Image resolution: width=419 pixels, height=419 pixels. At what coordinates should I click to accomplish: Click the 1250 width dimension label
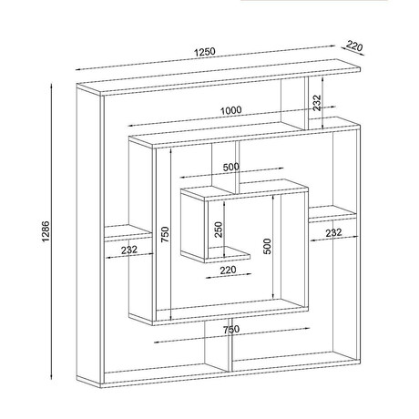coord(205,52)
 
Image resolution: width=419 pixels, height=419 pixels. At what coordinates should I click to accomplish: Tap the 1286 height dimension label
coord(46,231)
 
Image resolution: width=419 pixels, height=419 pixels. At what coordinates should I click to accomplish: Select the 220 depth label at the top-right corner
coord(354,46)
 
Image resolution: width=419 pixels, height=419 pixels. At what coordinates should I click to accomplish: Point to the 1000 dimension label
coord(231,110)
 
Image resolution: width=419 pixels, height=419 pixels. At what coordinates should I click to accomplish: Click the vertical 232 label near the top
coord(317,103)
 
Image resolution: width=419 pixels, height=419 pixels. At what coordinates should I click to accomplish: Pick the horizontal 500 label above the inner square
coord(231,167)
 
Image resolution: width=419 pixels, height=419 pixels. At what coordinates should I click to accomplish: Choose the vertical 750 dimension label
coord(165,234)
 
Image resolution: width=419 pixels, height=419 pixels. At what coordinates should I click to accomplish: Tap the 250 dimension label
coord(219,230)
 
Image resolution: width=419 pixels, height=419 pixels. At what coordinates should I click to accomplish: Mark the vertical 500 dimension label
coord(267,246)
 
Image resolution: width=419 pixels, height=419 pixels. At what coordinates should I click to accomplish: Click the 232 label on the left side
coord(129,250)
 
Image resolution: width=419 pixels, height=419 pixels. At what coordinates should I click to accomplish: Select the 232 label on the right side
coord(333,233)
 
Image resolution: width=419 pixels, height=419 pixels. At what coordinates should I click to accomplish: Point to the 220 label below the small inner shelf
coord(228,270)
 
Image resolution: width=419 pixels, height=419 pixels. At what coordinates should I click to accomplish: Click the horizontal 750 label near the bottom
coord(231,330)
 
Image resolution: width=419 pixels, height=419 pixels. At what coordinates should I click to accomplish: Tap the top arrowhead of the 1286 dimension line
coord(52,86)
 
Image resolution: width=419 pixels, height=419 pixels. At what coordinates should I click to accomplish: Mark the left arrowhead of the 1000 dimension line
coord(130,126)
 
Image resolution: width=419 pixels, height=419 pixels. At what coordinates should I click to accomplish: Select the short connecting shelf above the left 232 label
coord(128,233)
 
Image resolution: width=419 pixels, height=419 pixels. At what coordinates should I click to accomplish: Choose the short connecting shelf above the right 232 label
coord(333,214)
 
